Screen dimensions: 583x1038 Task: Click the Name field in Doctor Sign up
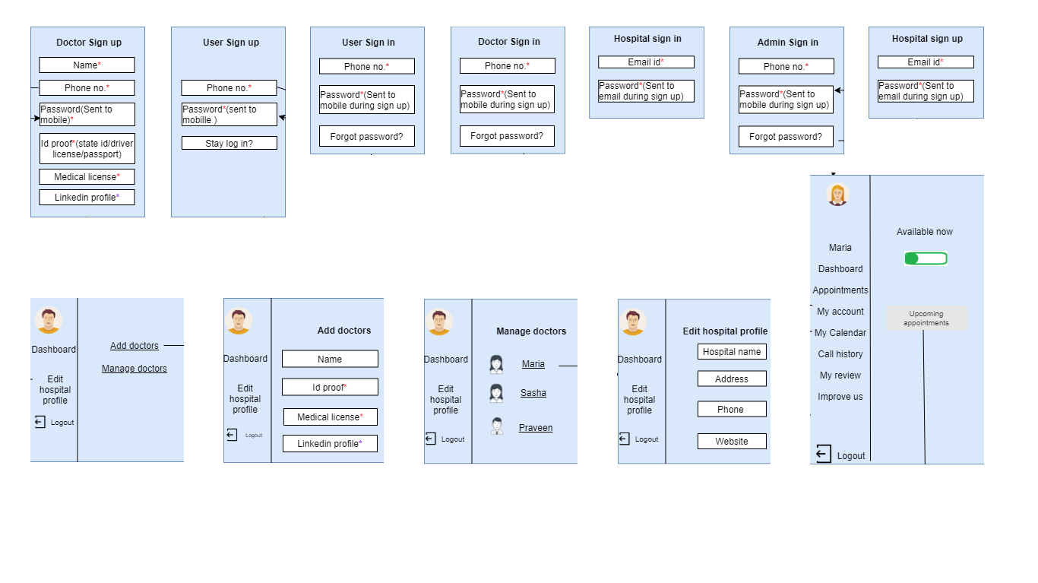(x=87, y=65)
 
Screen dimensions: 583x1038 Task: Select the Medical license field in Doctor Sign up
(x=87, y=177)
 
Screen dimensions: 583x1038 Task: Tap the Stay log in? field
(x=229, y=143)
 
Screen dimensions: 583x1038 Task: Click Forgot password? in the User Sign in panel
(x=366, y=137)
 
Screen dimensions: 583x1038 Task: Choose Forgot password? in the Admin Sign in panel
(x=786, y=137)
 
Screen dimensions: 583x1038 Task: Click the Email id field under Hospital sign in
(x=646, y=62)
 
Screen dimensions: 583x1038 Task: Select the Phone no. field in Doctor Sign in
(x=507, y=66)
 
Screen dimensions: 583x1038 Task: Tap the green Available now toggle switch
(x=926, y=258)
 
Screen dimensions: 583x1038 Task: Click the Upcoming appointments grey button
(x=926, y=318)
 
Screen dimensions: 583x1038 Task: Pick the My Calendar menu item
(x=840, y=333)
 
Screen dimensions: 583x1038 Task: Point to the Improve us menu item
(x=840, y=397)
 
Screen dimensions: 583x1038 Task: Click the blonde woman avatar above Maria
(x=837, y=195)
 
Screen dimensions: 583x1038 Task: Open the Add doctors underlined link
(x=134, y=346)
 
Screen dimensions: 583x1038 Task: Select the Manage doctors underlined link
(x=134, y=369)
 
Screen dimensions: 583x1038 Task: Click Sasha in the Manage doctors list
(x=533, y=393)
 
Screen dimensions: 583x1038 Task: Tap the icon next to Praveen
(x=496, y=426)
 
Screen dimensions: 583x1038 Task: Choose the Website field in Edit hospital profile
(x=732, y=442)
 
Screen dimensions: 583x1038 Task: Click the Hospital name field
(x=732, y=352)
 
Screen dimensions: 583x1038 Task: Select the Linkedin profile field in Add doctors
(x=330, y=444)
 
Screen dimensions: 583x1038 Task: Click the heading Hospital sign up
(x=926, y=39)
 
